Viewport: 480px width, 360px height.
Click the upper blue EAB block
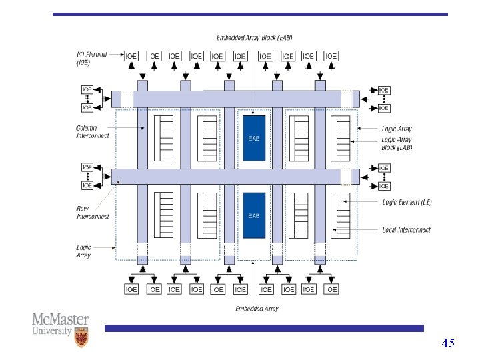pyautogui.click(x=254, y=138)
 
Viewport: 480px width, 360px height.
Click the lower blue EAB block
pyautogui.click(x=254, y=215)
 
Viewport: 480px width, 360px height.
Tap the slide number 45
pyautogui.click(x=448, y=343)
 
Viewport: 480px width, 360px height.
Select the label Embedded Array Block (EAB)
pyautogui.click(x=255, y=37)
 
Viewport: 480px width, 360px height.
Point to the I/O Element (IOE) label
pyautogui.click(x=92, y=59)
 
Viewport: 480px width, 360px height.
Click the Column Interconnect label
pyautogui.click(x=93, y=131)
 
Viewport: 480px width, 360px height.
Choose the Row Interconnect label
pyautogui.click(x=93, y=212)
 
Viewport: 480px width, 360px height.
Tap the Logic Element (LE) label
pyautogui.click(x=407, y=201)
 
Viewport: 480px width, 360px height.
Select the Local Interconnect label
pyautogui.click(x=406, y=230)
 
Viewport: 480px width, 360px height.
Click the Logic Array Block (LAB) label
pyautogui.click(x=397, y=143)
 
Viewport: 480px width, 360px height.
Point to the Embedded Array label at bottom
pyautogui.click(x=257, y=309)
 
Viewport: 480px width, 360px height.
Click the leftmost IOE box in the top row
pyautogui.click(x=132, y=57)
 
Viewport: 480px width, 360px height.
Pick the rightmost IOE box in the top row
pyautogui.click(x=331, y=57)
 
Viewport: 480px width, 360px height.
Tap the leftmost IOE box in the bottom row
pyautogui.click(x=132, y=289)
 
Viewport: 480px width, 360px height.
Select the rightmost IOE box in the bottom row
pyautogui.click(x=331, y=289)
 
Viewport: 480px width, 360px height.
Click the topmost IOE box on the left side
pyautogui.click(x=87, y=89)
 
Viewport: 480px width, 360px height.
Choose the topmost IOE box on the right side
pyautogui.click(x=384, y=89)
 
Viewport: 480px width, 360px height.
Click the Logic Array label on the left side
pyautogui.click(x=83, y=251)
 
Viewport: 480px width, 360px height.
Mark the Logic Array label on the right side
pyautogui.click(x=397, y=129)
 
